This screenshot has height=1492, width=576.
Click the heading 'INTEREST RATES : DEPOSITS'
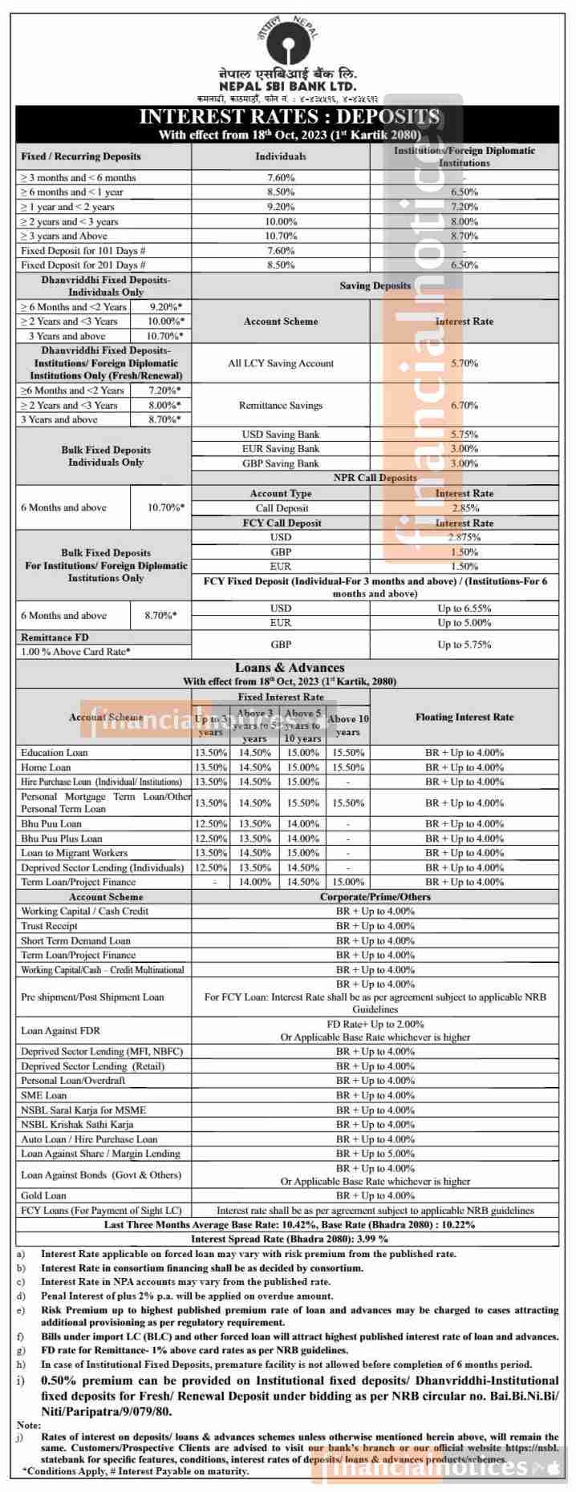coord(289,117)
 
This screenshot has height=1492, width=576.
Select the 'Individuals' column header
coord(281,156)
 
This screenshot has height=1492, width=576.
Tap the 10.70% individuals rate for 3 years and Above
coord(281,236)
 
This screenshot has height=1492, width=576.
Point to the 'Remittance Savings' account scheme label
coord(281,406)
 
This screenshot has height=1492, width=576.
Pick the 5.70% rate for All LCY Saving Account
coord(464,363)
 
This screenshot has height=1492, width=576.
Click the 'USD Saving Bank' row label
coord(281,435)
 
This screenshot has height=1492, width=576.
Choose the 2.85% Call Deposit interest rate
coord(464,508)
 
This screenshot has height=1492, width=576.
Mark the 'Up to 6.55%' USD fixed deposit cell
coord(464,609)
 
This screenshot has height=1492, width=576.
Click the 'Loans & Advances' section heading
coord(290,667)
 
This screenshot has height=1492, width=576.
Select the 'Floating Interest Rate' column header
coord(464,717)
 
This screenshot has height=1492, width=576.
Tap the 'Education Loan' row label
coord(55,753)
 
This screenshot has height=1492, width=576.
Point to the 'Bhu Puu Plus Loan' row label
coord(62,839)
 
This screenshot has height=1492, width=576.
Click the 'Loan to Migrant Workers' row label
coord(74,853)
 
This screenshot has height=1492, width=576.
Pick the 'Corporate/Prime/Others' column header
coord(375,896)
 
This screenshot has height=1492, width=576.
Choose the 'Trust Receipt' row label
coord(49,926)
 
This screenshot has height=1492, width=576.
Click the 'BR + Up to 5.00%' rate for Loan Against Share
coord(375,1154)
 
